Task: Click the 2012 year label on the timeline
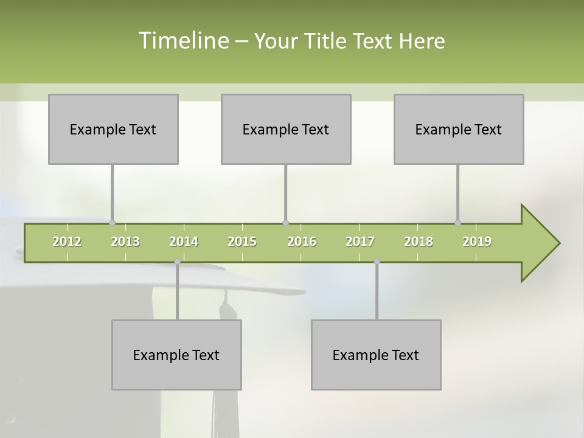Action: [x=67, y=242]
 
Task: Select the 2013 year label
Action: [x=125, y=242]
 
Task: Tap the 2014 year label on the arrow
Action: [x=184, y=242]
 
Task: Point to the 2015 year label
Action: [x=242, y=242]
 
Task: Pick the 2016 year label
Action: [x=302, y=242]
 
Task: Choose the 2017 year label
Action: [x=360, y=242]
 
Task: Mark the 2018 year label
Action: [x=419, y=242]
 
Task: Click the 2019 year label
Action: [x=477, y=242]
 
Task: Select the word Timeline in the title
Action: [x=182, y=41]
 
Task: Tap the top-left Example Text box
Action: [x=113, y=129]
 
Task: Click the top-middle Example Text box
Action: [x=286, y=129]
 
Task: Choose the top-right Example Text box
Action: [x=459, y=129]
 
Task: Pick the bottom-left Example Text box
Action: [x=176, y=355]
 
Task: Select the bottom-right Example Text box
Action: [x=376, y=355]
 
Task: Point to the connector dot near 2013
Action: [x=113, y=223]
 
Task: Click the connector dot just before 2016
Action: [x=285, y=223]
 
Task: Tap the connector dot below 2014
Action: [x=177, y=262]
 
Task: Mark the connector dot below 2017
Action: [x=377, y=262]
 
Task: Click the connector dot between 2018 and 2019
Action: [x=458, y=223]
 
